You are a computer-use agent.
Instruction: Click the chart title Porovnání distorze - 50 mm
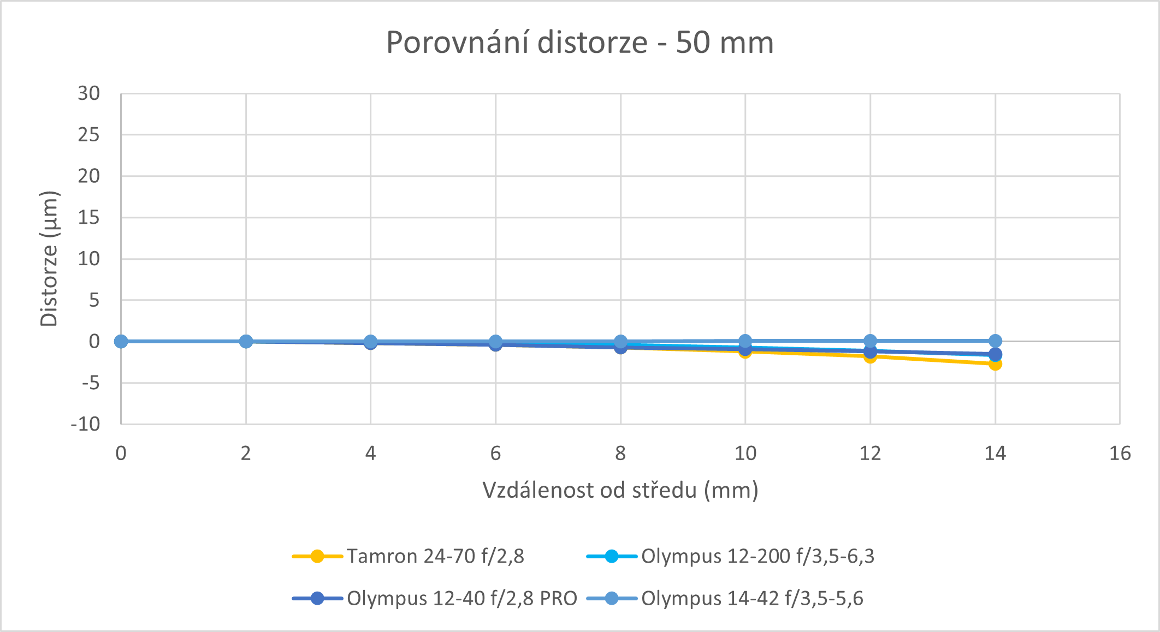[579, 43]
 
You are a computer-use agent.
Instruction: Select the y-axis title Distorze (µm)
[49, 259]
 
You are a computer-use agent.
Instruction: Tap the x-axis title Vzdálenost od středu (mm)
[620, 490]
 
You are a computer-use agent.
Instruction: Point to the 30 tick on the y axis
[89, 93]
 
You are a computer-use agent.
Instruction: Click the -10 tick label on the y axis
[86, 424]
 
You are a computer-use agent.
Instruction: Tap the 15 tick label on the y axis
[89, 218]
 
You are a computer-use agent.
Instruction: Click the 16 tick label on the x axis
[1120, 453]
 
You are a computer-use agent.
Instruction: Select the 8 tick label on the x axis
[620, 453]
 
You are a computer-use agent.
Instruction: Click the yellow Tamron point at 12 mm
[871, 357]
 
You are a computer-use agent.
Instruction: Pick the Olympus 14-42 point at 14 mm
[996, 341]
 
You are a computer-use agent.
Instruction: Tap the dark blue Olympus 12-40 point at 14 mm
[996, 354]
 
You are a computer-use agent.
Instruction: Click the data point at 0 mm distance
[121, 341]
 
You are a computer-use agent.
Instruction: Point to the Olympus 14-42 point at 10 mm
[745, 341]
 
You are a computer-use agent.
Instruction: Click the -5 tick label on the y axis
[91, 383]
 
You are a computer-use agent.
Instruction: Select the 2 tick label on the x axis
[246, 453]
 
